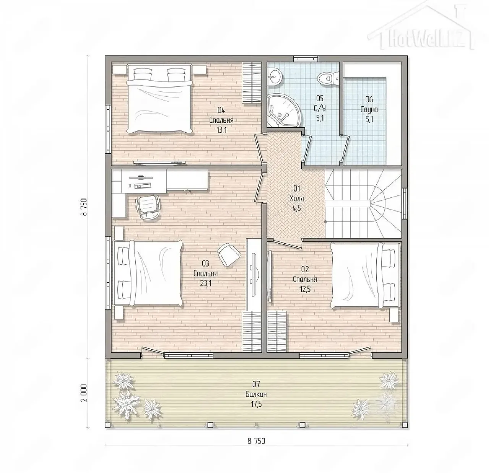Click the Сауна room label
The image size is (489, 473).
369,110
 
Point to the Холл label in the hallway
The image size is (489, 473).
296,199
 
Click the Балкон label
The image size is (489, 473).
256,394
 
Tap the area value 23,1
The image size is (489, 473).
206,283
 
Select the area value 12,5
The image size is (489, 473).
305,289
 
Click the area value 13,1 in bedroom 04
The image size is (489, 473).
221,130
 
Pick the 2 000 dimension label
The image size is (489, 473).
84,393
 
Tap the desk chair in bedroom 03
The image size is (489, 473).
148,207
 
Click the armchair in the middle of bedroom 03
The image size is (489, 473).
229,254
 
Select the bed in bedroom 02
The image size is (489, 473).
365,275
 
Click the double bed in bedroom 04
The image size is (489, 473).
160,98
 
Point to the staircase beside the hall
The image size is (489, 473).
363,203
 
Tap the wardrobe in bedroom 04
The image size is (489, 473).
252,83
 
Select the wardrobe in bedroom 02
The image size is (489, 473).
277,332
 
